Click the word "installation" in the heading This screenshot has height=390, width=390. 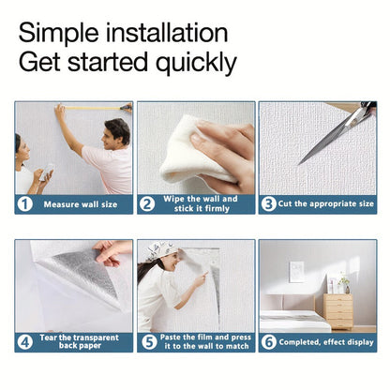167,33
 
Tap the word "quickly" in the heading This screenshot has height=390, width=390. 196,63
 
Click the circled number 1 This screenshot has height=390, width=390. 25,204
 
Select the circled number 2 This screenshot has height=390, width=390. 147,204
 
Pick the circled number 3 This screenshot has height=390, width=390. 269,204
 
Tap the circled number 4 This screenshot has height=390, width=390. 25,342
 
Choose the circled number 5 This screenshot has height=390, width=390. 149,342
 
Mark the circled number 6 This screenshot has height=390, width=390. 269,342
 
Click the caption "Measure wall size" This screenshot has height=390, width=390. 81,204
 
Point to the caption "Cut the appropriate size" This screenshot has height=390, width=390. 326,204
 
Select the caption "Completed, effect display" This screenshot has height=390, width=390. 326,342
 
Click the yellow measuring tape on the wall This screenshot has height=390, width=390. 93,109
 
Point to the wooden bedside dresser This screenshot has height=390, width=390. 337,311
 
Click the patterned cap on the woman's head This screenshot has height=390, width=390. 161,250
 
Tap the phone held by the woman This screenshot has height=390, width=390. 47,172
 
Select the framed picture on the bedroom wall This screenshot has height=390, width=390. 297,272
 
